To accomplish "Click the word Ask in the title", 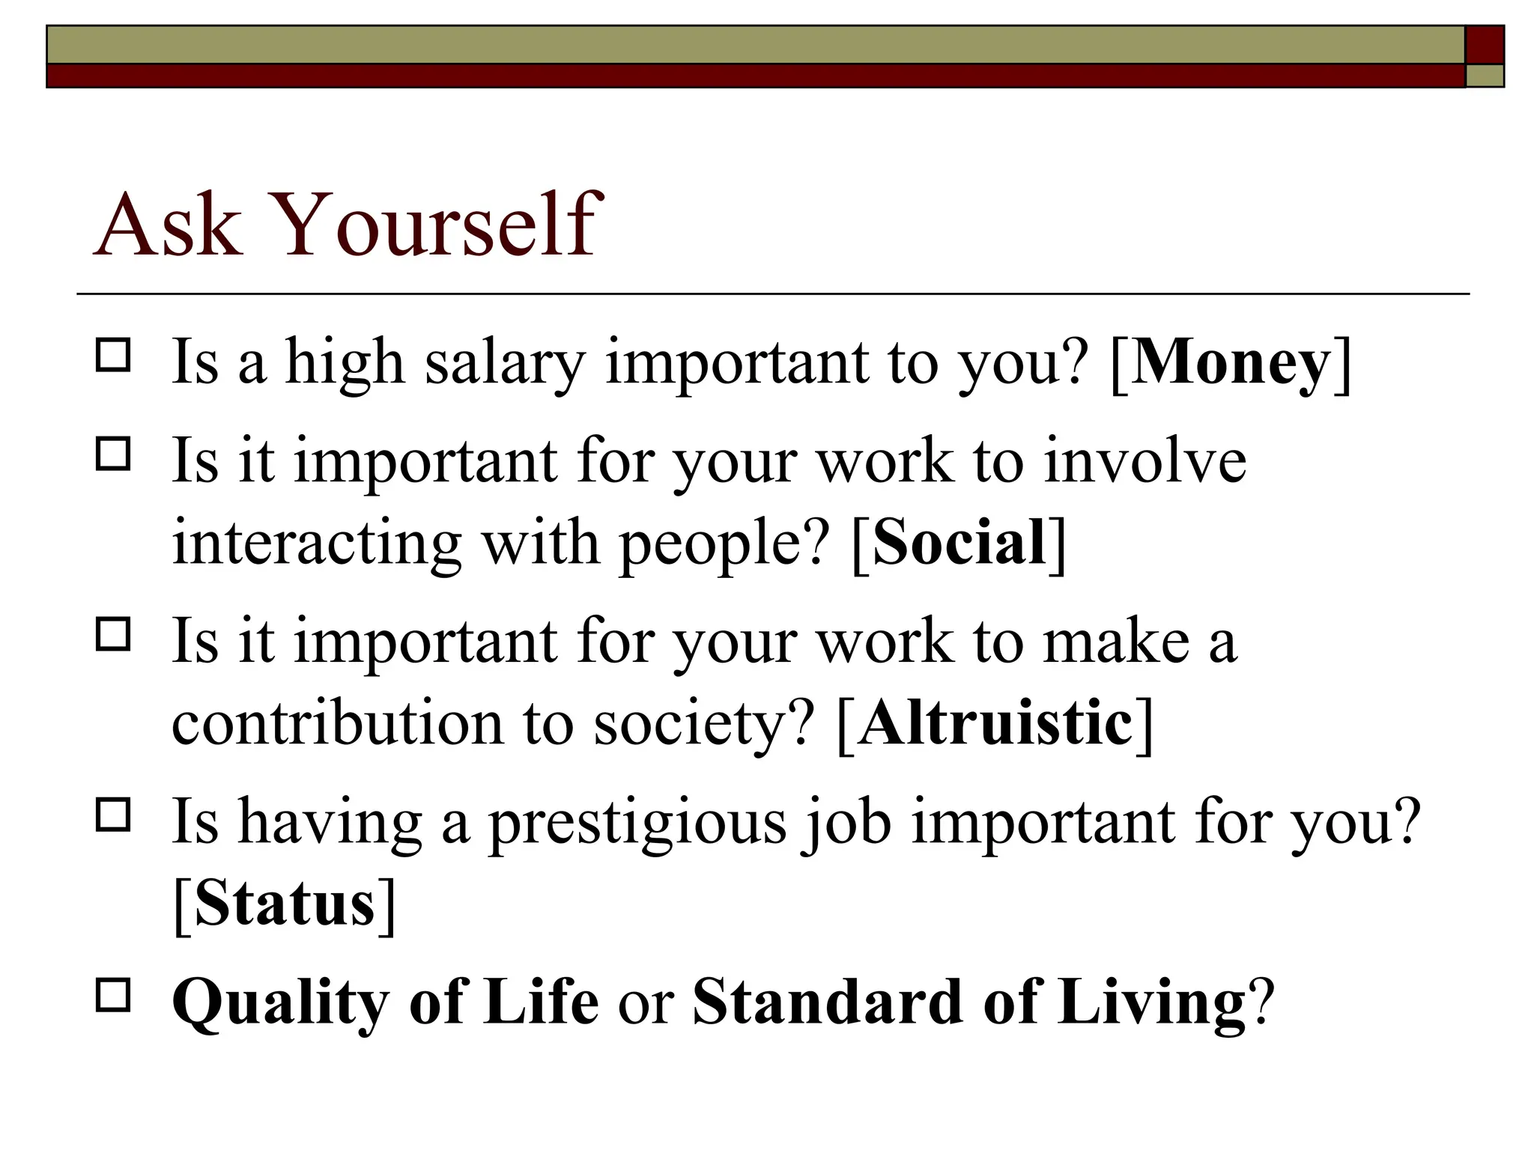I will pos(168,225).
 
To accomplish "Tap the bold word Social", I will pos(959,542).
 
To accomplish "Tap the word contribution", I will pos(337,723).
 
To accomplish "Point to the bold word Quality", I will pos(280,1003).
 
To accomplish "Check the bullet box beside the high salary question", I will pos(113,356).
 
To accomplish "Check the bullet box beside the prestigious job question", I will pos(113,815).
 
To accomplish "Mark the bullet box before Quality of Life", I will pos(113,995).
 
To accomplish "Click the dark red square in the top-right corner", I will pos(1484,45).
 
